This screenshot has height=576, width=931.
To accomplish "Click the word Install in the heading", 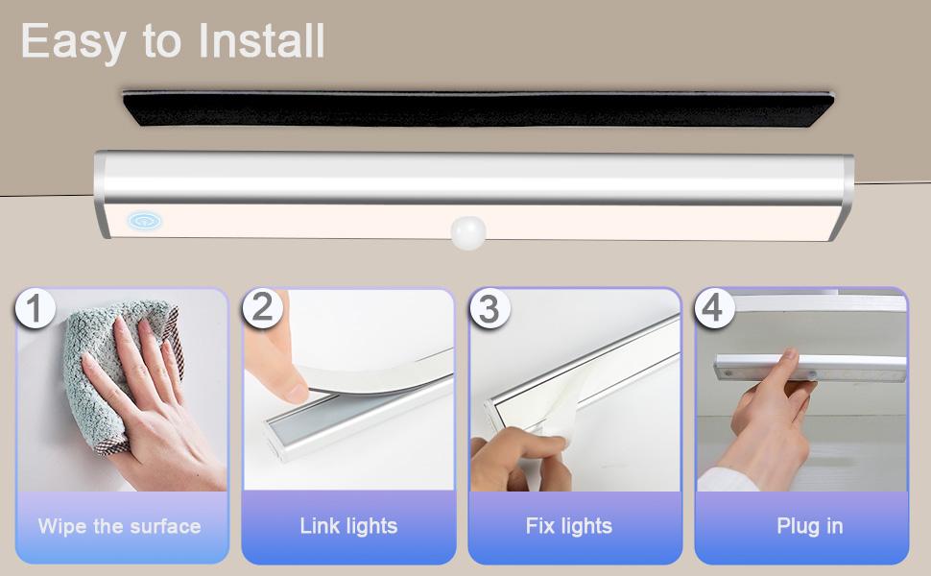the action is click(x=261, y=40).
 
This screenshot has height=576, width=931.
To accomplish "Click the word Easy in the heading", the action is click(x=73, y=42).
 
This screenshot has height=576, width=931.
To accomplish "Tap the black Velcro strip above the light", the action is click(x=479, y=108).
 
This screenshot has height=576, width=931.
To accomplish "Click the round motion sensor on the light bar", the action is click(x=467, y=232).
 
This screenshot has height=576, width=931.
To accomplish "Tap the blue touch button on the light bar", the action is click(x=144, y=221).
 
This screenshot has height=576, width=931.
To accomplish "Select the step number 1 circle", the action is click(x=35, y=308).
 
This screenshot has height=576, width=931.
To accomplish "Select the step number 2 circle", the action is click(x=262, y=308).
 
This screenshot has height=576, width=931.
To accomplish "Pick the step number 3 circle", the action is click(x=489, y=308).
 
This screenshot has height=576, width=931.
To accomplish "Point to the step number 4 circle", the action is click(x=714, y=307).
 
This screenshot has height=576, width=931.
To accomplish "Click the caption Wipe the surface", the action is click(x=119, y=526).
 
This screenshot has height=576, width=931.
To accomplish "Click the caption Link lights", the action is click(x=348, y=526).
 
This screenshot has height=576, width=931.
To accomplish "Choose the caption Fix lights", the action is click(x=569, y=526).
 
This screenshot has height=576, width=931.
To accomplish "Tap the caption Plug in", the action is click(x=810, y=526).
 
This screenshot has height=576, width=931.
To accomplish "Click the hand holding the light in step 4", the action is click(x=766, y=421).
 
